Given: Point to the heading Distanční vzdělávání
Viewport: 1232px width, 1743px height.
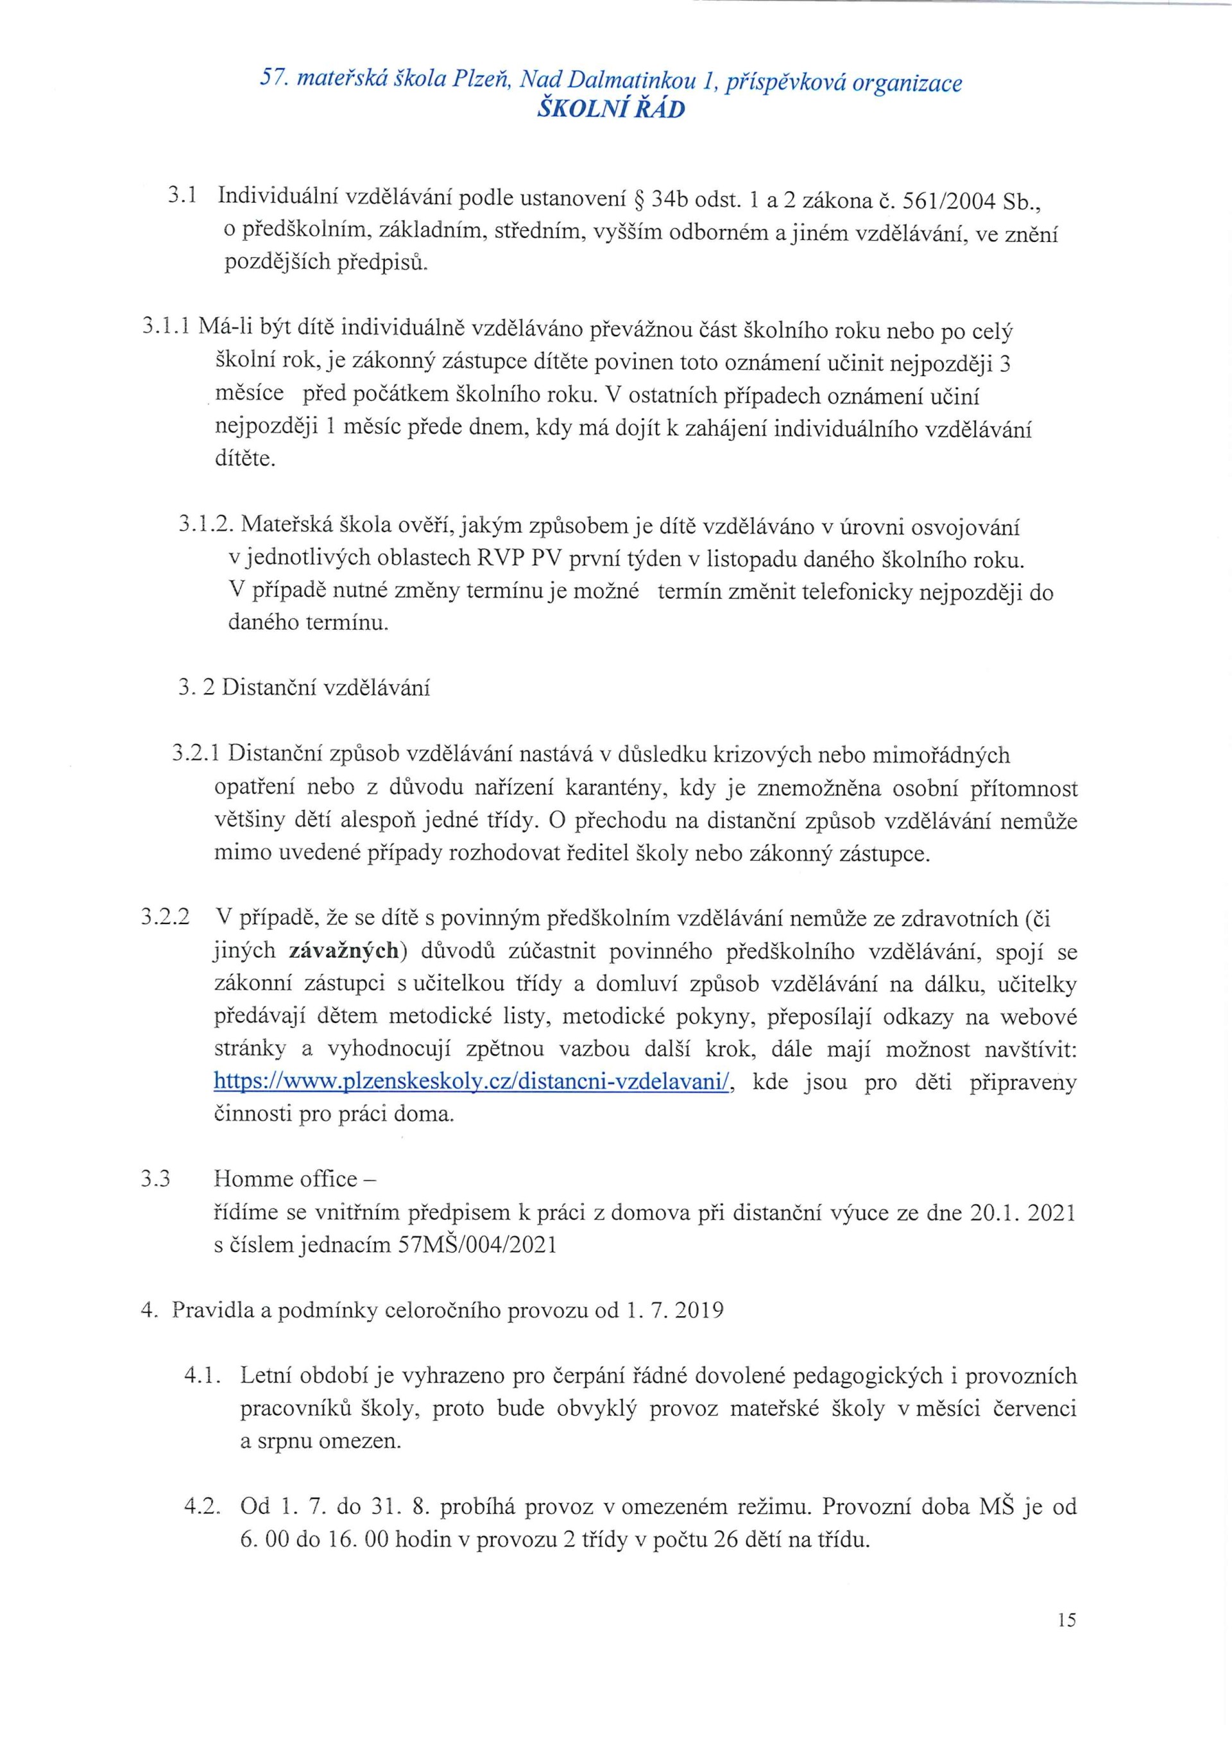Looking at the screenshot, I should pos(326,689).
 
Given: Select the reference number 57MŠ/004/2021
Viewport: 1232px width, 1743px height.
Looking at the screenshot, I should pos(477,1246).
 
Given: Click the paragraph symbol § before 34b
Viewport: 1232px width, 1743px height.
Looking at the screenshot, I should pos(638,200).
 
